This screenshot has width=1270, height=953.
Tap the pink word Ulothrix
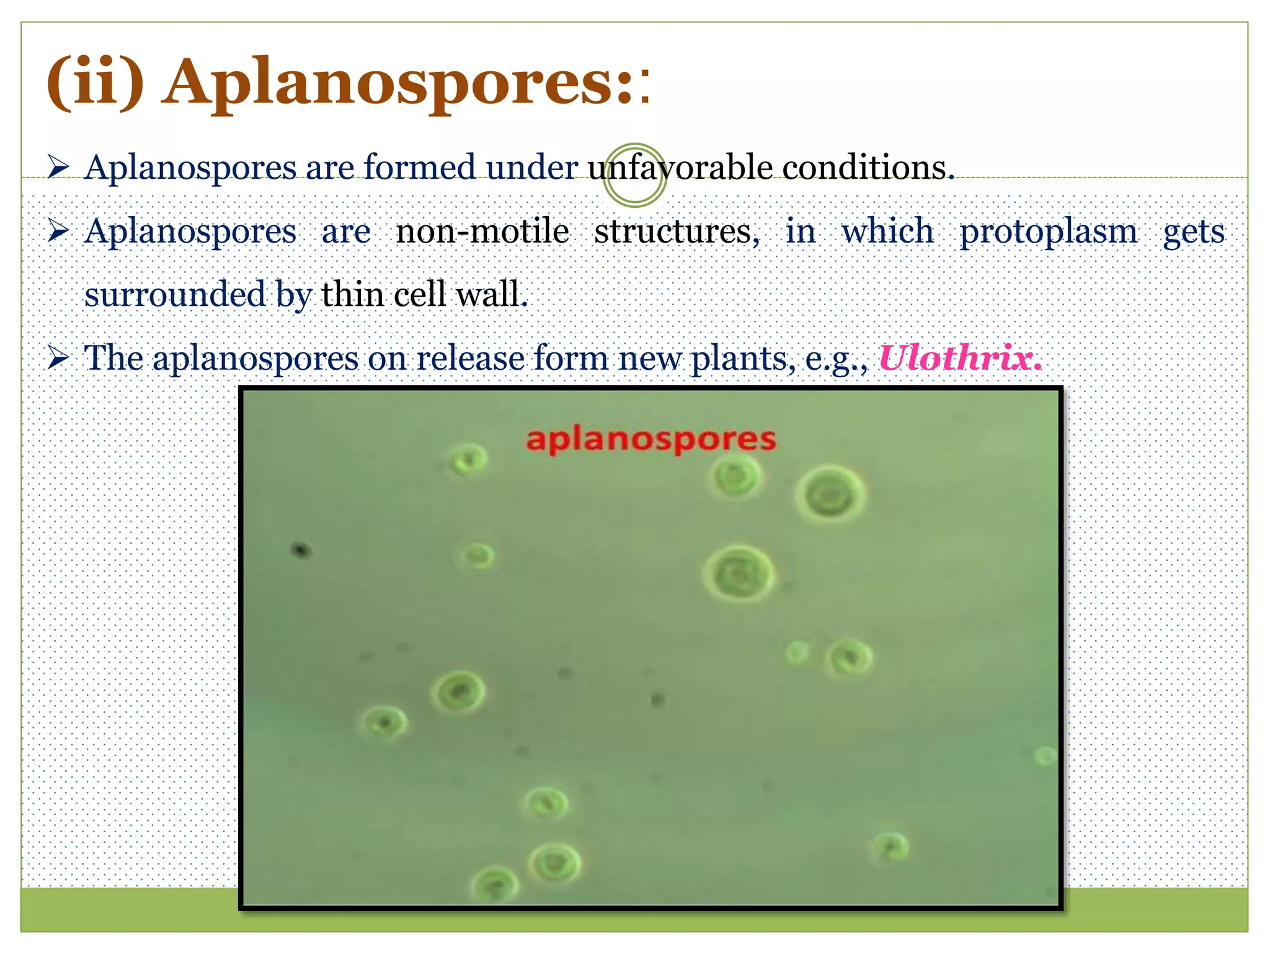tap(960, 358)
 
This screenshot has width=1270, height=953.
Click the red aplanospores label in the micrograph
tap(651, 440)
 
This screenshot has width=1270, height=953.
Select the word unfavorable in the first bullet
tap(680, 168)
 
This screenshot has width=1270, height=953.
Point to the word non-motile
tap(482, 231)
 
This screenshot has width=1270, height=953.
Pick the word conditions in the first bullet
tap(868, 168)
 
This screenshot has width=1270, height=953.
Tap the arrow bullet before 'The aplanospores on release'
tap(58, 358)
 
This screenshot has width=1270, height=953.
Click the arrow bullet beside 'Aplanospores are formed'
tap(58, 167)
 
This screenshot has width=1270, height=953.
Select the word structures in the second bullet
tap(677, 231)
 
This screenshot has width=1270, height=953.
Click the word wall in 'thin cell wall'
tap(491, 294)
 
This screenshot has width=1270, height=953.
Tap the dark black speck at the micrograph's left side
tap(301, 550)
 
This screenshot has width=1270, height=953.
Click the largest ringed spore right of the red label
tap(830, 495)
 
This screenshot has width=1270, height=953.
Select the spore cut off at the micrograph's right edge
tap(1046, 756)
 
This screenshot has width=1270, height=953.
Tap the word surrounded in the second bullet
tap(175, 294)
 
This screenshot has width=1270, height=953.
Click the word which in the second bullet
tap(887, 231)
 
